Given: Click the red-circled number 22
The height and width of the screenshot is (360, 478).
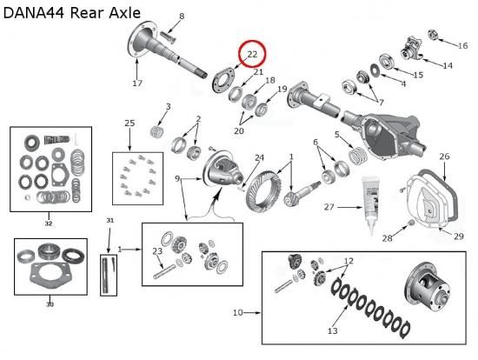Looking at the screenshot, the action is tap(252, 54).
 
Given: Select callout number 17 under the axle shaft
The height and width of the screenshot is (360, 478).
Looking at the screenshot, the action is tap(137, 83).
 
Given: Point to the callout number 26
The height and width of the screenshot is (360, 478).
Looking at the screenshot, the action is tap(444, 157).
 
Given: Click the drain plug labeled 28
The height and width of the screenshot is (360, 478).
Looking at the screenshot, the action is tap(410, 223).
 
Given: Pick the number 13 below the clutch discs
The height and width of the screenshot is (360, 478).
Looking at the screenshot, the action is tap(333, 330).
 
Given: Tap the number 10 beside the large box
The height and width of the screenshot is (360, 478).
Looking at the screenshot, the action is tap(238, 313).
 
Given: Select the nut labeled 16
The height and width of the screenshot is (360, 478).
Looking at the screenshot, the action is tap(433, 34).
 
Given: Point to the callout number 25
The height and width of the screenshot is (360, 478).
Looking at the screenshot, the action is tap(129, 123).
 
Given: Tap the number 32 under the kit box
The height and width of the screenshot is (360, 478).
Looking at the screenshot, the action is tap(49, 223).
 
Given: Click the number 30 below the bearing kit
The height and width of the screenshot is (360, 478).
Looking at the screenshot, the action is tap(50, 304).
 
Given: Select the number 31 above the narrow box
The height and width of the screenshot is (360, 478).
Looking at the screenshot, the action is tap(110, 220).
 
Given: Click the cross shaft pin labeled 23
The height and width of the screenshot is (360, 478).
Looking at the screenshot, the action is tap(164, 271).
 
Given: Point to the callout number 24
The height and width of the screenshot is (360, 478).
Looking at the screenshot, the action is tap(260, 157).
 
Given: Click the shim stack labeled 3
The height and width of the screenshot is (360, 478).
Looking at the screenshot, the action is tap(158, 131).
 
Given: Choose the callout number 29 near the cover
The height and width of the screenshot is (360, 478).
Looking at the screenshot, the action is tap(459, 237).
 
